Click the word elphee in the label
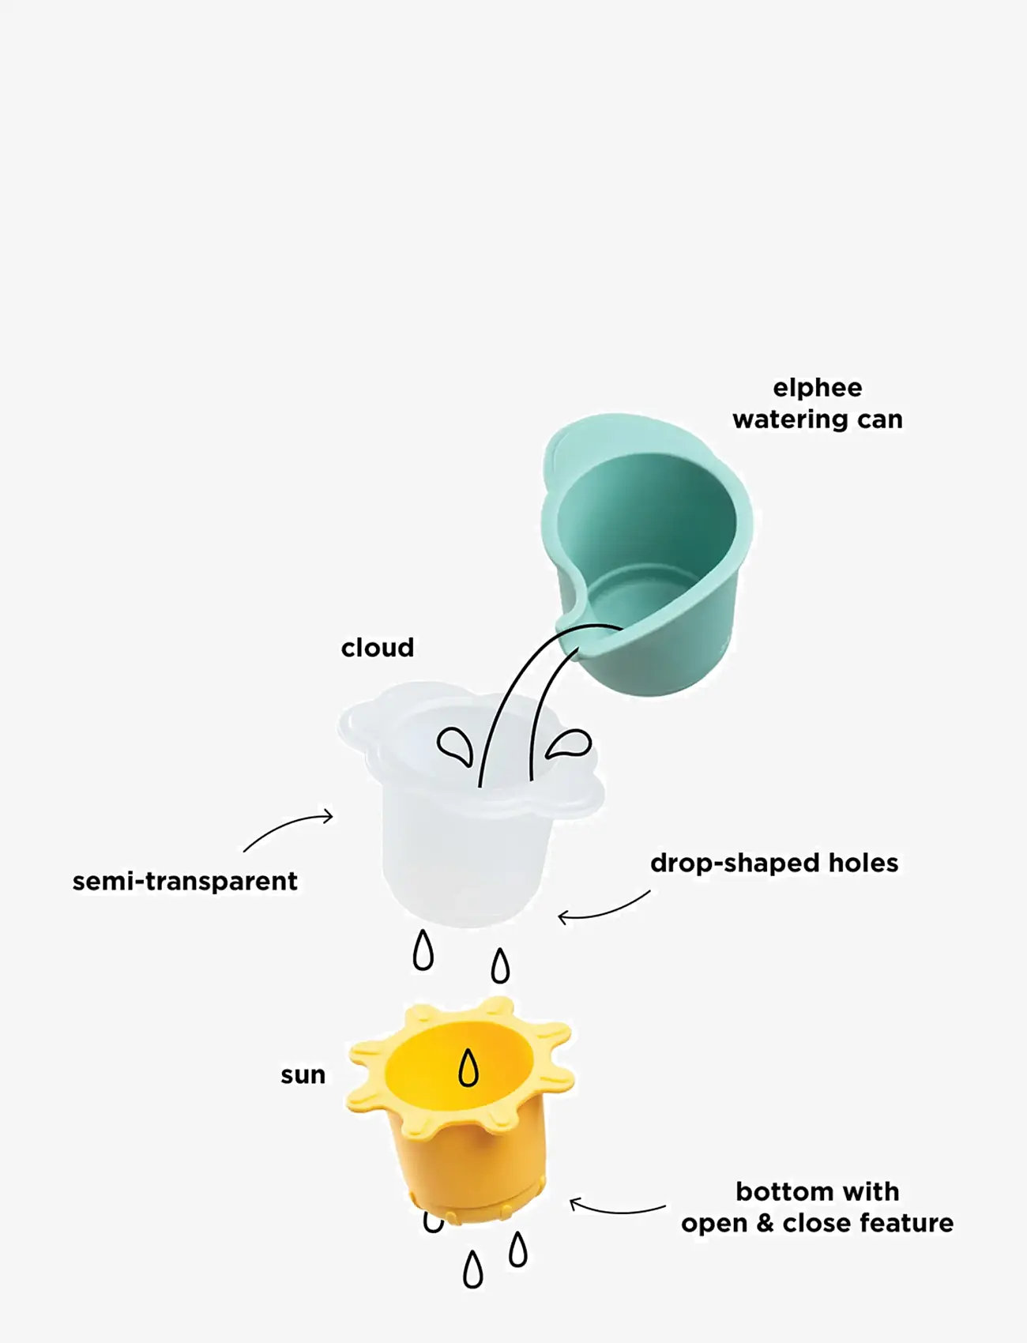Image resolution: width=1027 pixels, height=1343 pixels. click(817, 388)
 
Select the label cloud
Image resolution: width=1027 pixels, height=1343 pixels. click(378, 648)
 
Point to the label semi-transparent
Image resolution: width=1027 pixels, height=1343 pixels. click(185, 881)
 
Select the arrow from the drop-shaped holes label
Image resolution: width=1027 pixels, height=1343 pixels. click(604, 908)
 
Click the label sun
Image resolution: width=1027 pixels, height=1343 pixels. click(303, 1075)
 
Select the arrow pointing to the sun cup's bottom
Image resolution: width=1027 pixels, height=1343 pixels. click(616, 1209)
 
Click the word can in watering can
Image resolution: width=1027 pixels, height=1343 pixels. click(879, 419)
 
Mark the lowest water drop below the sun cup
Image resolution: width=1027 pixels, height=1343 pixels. click(472, 1270)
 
